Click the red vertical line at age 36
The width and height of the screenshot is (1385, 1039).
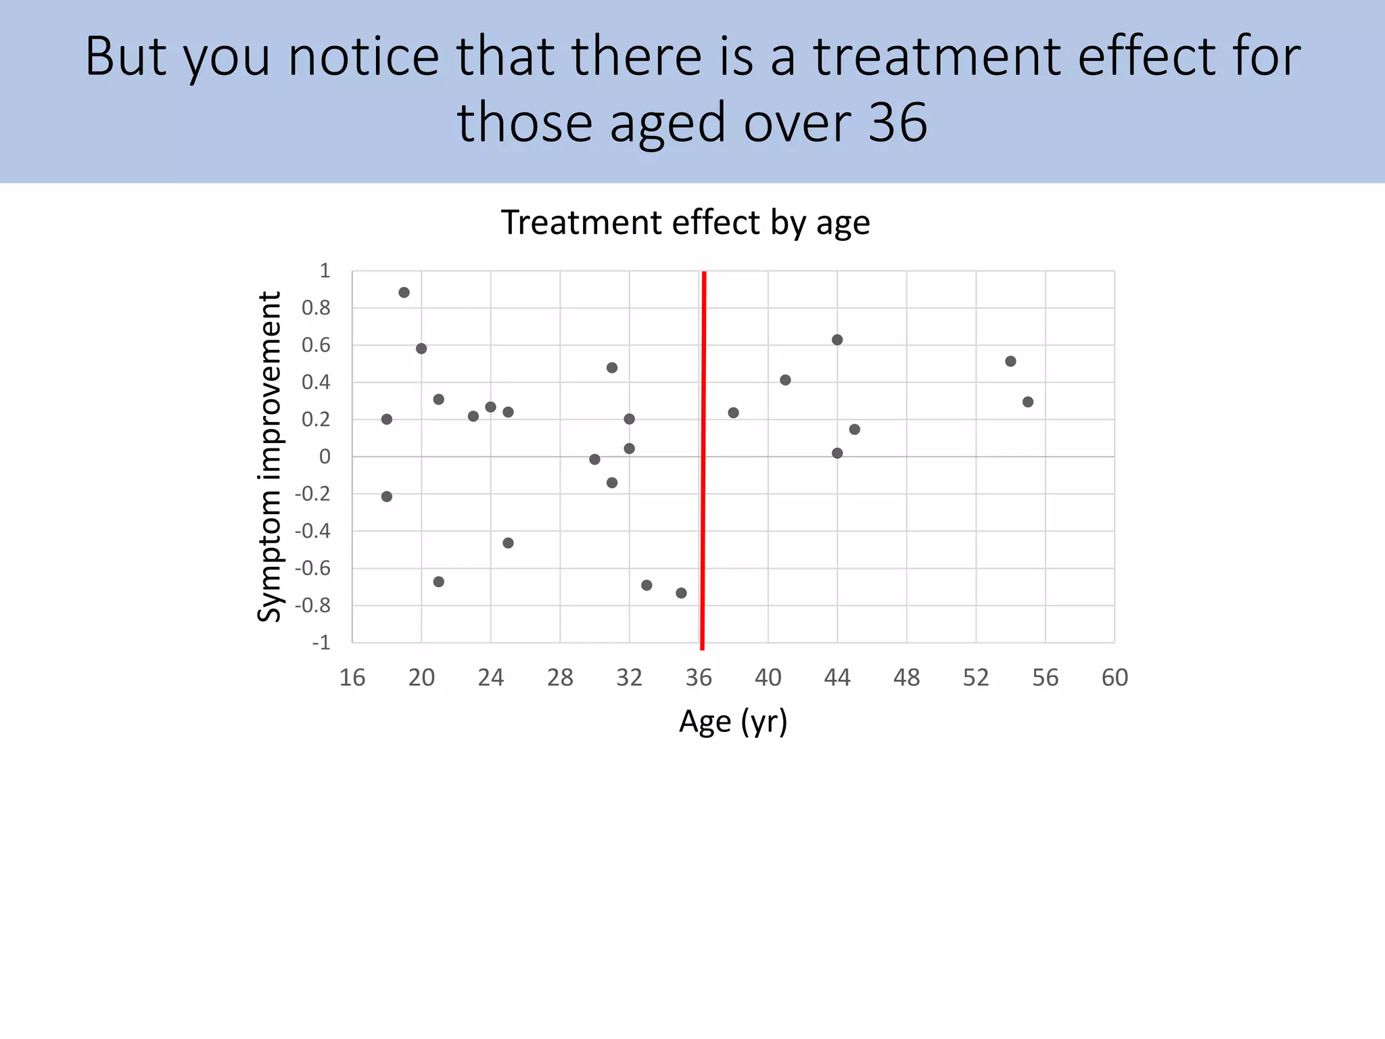point(703,460)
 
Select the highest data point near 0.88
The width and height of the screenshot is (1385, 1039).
point(404,293)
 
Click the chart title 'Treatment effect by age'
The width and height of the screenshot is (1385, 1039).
point(685,223)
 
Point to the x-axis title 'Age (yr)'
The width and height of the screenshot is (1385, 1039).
point(733,722)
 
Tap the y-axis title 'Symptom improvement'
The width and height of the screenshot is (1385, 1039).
point(269,457)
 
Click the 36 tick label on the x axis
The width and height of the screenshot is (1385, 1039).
point(699,677)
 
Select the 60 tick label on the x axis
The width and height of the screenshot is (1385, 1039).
point(1114,677)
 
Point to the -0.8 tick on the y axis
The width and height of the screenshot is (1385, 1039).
point(312,605)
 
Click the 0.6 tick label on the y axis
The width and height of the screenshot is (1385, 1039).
point(316,346)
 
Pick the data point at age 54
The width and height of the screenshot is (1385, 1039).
point(1010,361)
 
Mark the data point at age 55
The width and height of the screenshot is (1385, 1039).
point(1028,402)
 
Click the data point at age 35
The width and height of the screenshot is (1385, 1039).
point(681,593)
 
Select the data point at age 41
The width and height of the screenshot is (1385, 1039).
point(785,380)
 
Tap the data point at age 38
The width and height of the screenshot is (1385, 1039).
point(733,413)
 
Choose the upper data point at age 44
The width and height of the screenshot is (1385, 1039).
point(837,340)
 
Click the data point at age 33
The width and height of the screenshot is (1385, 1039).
point(647,585)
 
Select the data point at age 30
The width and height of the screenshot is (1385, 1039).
point(594,459)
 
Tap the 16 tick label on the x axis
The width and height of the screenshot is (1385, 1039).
point(352,677)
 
